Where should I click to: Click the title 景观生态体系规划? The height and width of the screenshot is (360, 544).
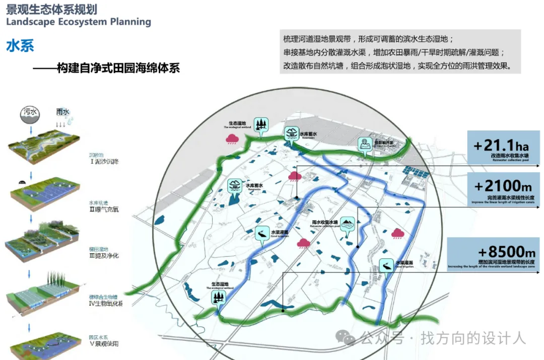pyautogui.click(x=52, y=9)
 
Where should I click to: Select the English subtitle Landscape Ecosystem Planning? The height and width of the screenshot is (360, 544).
pyautogui.click(x=79, y=22)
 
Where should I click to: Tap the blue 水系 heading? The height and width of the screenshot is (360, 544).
pyautogui.click(x=20, y=46)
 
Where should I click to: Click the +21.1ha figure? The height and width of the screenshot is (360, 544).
pyautogui.click(x=502, y=146)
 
